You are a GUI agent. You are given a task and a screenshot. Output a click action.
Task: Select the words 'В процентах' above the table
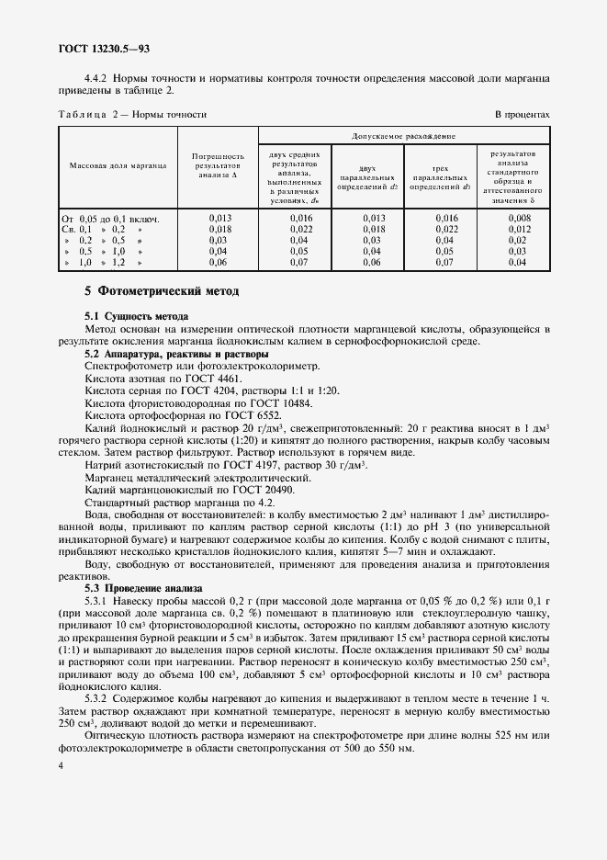522,115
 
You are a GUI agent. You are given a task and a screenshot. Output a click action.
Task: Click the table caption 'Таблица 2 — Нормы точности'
132,115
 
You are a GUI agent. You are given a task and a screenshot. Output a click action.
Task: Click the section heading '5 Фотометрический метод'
162,291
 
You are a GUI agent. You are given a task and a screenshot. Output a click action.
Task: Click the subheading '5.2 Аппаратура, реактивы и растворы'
176,354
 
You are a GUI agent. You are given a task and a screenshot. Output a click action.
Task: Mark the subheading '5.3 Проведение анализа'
141,587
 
